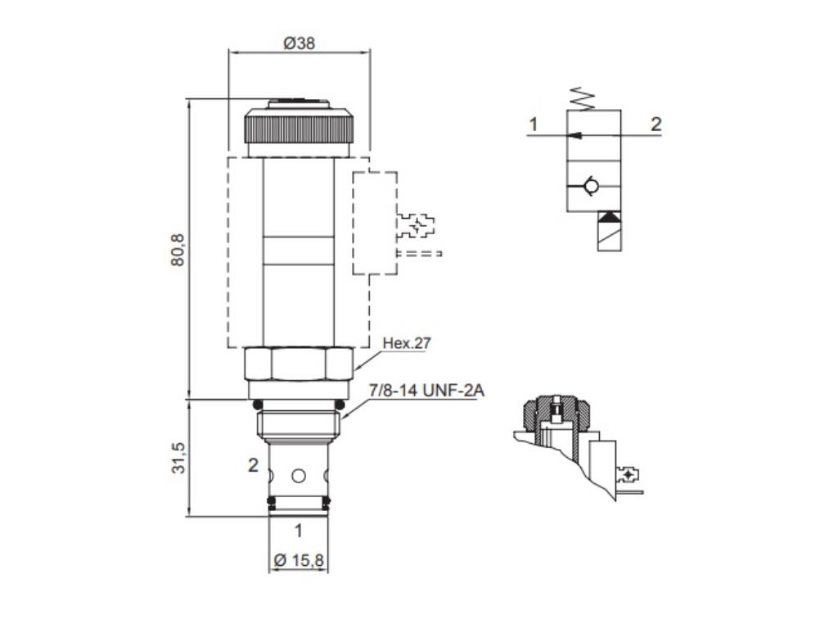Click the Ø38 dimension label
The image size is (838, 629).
click(x=300, y=43)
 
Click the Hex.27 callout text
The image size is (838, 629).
click(x=406, y=343)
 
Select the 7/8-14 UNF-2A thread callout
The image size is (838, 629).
click(x=426, y=391)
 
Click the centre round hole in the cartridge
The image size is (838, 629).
click(x=299, y=475)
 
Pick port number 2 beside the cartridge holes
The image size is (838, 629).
click(x=254, y=465)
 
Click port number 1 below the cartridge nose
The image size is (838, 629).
click(x=298, y=531)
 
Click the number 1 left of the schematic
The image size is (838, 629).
click(x=534, y=124)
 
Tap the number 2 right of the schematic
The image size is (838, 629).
click(x=656, y=124)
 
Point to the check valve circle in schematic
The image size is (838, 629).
click(x=592, y=188)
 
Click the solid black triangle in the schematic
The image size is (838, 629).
click(x=609, y=218)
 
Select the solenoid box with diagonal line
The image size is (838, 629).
click(x=609, y=238)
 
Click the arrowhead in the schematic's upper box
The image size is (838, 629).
click(x=576, y=135)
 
